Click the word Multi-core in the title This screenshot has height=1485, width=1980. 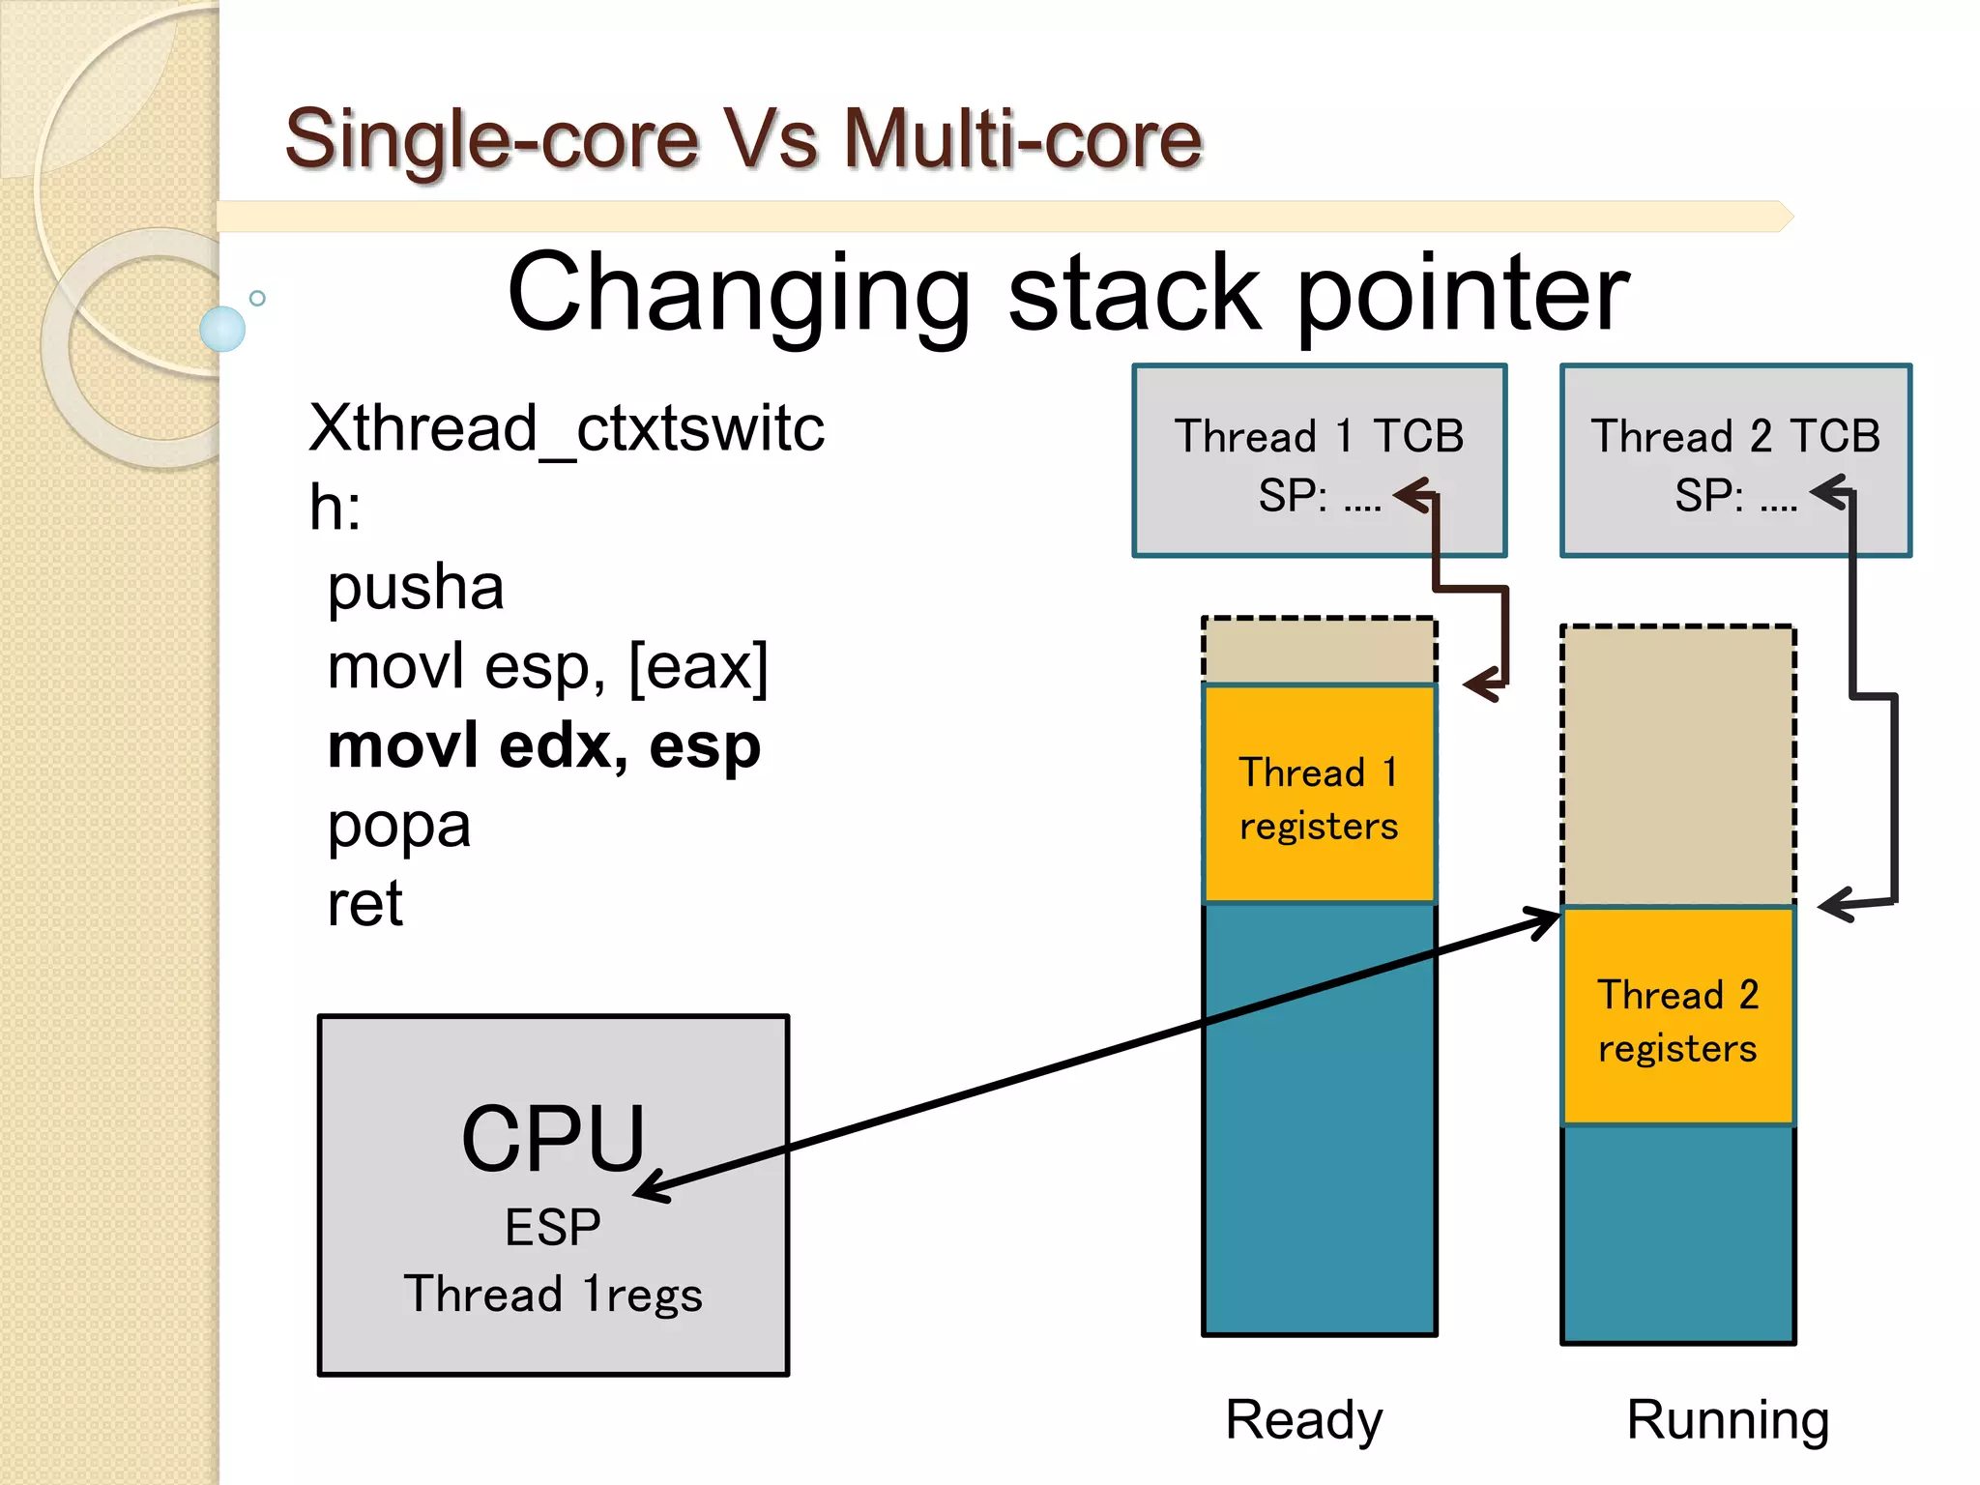[1022, 139]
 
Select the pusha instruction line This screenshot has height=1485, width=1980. [416, 588]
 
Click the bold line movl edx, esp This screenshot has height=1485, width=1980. [544, 747]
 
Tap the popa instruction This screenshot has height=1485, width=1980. [398, 827]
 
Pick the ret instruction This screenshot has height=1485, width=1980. [364, 905]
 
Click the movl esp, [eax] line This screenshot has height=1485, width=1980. [547, 667]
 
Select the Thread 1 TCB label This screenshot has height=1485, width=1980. [1319, 436]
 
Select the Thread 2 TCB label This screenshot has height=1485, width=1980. [1735, 436]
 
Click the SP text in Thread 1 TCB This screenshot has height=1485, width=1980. [1292, 496]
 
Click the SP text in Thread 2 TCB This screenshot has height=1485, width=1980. [1708, 496]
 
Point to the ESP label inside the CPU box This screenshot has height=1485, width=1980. [553, 1228]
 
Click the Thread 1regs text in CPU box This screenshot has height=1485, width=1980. [553, 1295]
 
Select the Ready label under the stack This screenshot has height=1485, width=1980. [1303, 1419]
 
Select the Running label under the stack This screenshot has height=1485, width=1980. [1728, 1419]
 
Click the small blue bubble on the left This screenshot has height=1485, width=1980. [222, 329]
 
